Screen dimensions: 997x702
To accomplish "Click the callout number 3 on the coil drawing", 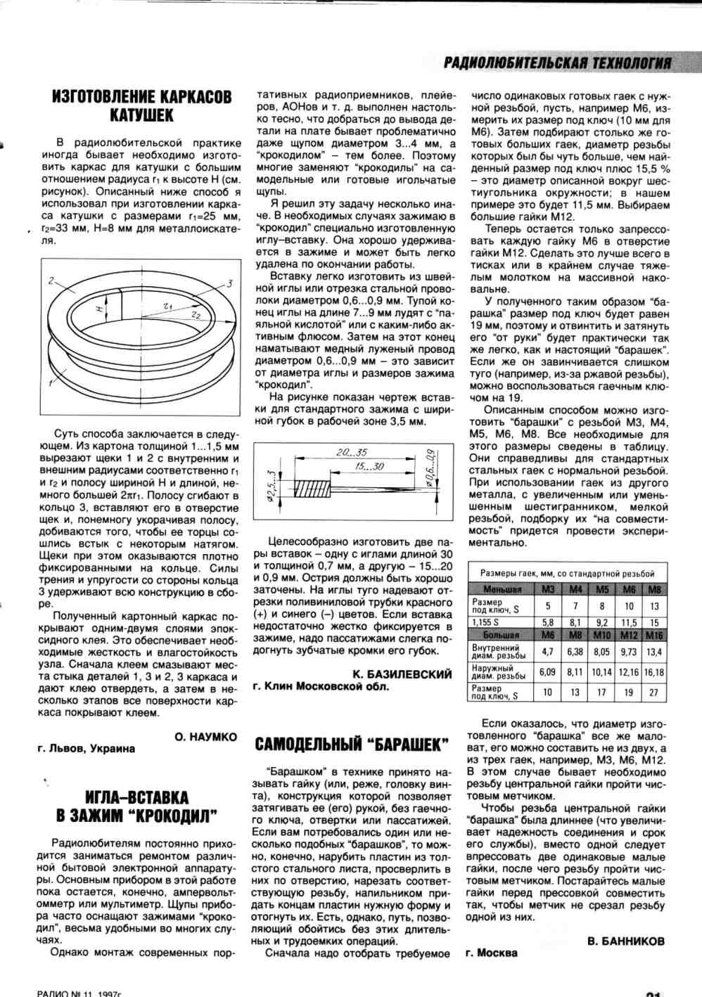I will (x=229, y=283).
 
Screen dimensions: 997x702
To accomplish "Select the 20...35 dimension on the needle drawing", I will (x=352, y=452).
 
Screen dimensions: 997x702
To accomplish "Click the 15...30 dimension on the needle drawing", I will (x=369, y=466).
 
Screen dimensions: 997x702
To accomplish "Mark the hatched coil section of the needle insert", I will (x=312, y=488).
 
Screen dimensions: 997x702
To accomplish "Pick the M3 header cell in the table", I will (x=548, y=589).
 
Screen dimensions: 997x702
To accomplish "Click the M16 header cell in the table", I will (x=654, y=635).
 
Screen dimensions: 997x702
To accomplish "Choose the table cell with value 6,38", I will (x=575, y=652).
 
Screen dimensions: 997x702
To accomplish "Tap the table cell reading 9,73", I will (x=628, y=652).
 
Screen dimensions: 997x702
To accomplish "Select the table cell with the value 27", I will (x=654, y=692).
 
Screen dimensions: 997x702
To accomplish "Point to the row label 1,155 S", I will (x=485, y=622).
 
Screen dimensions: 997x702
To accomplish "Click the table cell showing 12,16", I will (x=628, y=672).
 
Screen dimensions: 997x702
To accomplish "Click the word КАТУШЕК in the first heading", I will (x=141, y=115).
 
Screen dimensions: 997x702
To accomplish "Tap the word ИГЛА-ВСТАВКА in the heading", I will (x=136, y=797).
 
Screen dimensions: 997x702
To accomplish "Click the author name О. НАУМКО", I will (x=205, y=737).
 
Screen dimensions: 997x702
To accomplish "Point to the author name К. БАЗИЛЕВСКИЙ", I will (x=402, y=674).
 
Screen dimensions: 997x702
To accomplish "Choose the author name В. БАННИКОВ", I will (x=625, y=941).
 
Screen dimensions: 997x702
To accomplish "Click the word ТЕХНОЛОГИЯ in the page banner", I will (x=632, y=63).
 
